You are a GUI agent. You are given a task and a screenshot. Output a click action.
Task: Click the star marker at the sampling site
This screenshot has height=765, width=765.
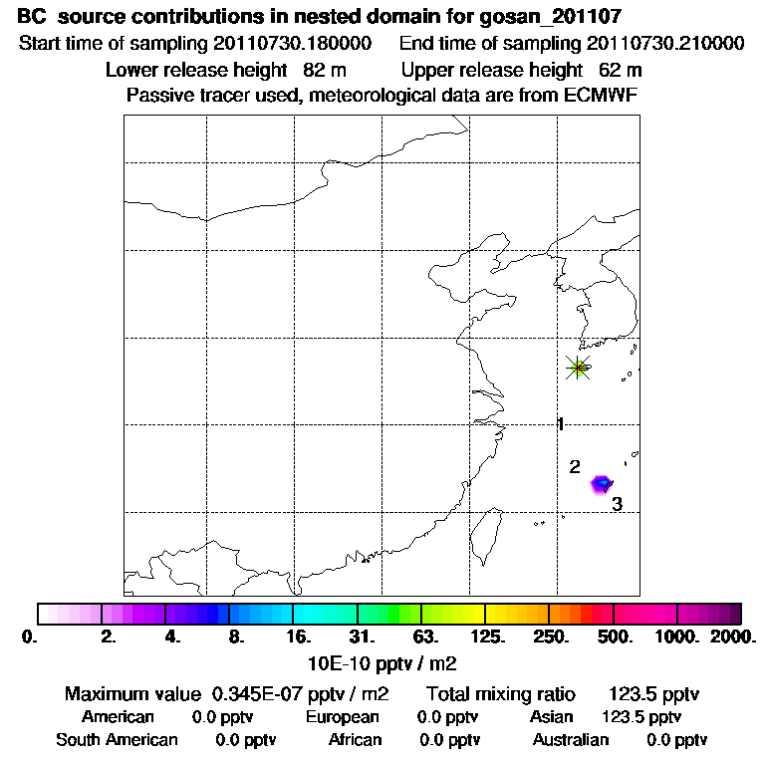pyautogui.click(x=578, y=368)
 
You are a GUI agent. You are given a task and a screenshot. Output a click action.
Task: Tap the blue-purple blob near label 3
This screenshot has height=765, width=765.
pyautogui.click(x=601, y=484)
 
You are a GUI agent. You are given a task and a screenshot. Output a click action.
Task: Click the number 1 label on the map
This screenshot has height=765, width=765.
pyautogui.click(x=561, y=424)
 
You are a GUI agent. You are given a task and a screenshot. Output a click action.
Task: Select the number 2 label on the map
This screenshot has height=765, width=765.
pyautogui.click(x=575, y=466)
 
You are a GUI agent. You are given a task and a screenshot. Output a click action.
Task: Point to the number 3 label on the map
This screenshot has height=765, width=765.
pyautogui.click(x=617, y=504)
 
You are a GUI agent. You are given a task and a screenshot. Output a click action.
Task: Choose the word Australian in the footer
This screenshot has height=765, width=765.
pyautogui.click(x=571, y=740)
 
